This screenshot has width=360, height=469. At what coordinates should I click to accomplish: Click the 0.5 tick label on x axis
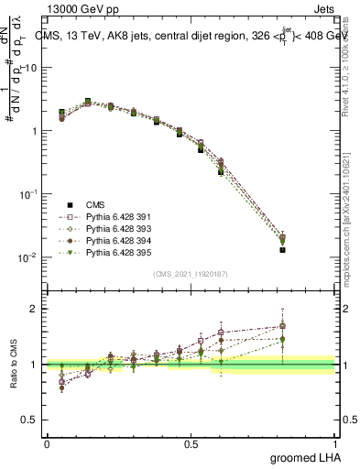click(191, 443)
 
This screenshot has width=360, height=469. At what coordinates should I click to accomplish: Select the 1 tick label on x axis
click(334, 443)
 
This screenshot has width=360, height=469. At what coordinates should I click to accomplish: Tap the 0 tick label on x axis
click(47, 443)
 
